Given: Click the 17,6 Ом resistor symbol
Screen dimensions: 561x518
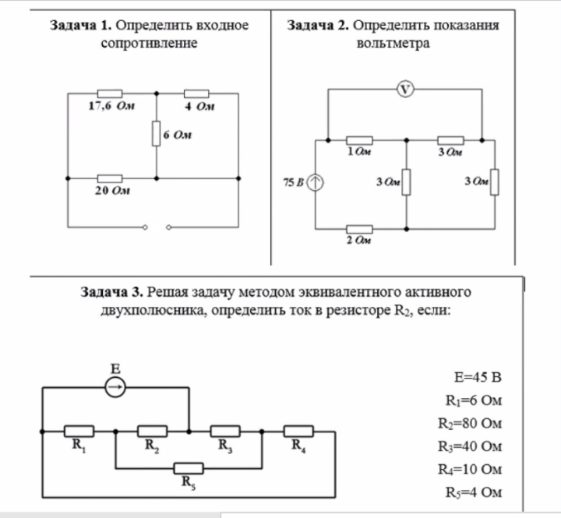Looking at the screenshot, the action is pyautogui.click(x=110, y=93).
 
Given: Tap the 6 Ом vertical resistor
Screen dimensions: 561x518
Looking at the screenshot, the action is pyautogui.click(x=156, y=133).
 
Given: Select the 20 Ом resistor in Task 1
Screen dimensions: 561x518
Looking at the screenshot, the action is pyautogui.click(x=110, y=178).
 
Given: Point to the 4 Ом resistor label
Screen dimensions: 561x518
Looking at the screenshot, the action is pyautogui.click(x=199, y=106).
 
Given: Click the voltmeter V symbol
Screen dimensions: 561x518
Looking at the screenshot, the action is pyautogui.click(x=405, y=89).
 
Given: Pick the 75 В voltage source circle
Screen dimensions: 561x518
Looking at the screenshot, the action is pyautogui.click(x=316, y=182).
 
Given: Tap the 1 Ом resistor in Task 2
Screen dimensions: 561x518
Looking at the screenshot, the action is pyautogui.click(x=359, y=140).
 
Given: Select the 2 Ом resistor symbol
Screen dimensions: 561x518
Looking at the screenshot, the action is pyautogui.click(x=359, y=229).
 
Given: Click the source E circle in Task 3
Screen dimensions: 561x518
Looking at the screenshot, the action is pyautogui.click(x=115, y=387).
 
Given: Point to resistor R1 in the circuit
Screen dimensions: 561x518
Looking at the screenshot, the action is pyautogui.click(x=79, y=432).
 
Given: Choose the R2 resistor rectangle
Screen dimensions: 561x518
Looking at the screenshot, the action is pyautogui.click(x=153, y=432).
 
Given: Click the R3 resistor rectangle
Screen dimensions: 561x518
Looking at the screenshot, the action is pyautogui.click(x=225, y=432).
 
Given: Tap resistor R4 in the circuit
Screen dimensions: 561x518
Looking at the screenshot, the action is pyautogui.click(x=298, y=432).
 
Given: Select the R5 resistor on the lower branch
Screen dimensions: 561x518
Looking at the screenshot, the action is pyautogui.click(x=189, y=468).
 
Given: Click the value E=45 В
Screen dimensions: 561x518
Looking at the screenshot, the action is pyautogui.click(x=478, y=378).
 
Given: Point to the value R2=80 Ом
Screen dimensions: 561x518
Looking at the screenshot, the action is pyautogui.click(x=470, y=424).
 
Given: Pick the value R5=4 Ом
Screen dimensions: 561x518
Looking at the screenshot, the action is pyautogui.click(x=474, y=492).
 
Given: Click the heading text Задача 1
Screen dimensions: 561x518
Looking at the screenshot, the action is pyautogui.click(x=81, y=26).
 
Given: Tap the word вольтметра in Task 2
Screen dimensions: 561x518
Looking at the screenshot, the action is pyautogui.click(x=393, y=44).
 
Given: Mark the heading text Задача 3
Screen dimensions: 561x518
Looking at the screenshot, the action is pyautogui.click(x=112, y=292).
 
